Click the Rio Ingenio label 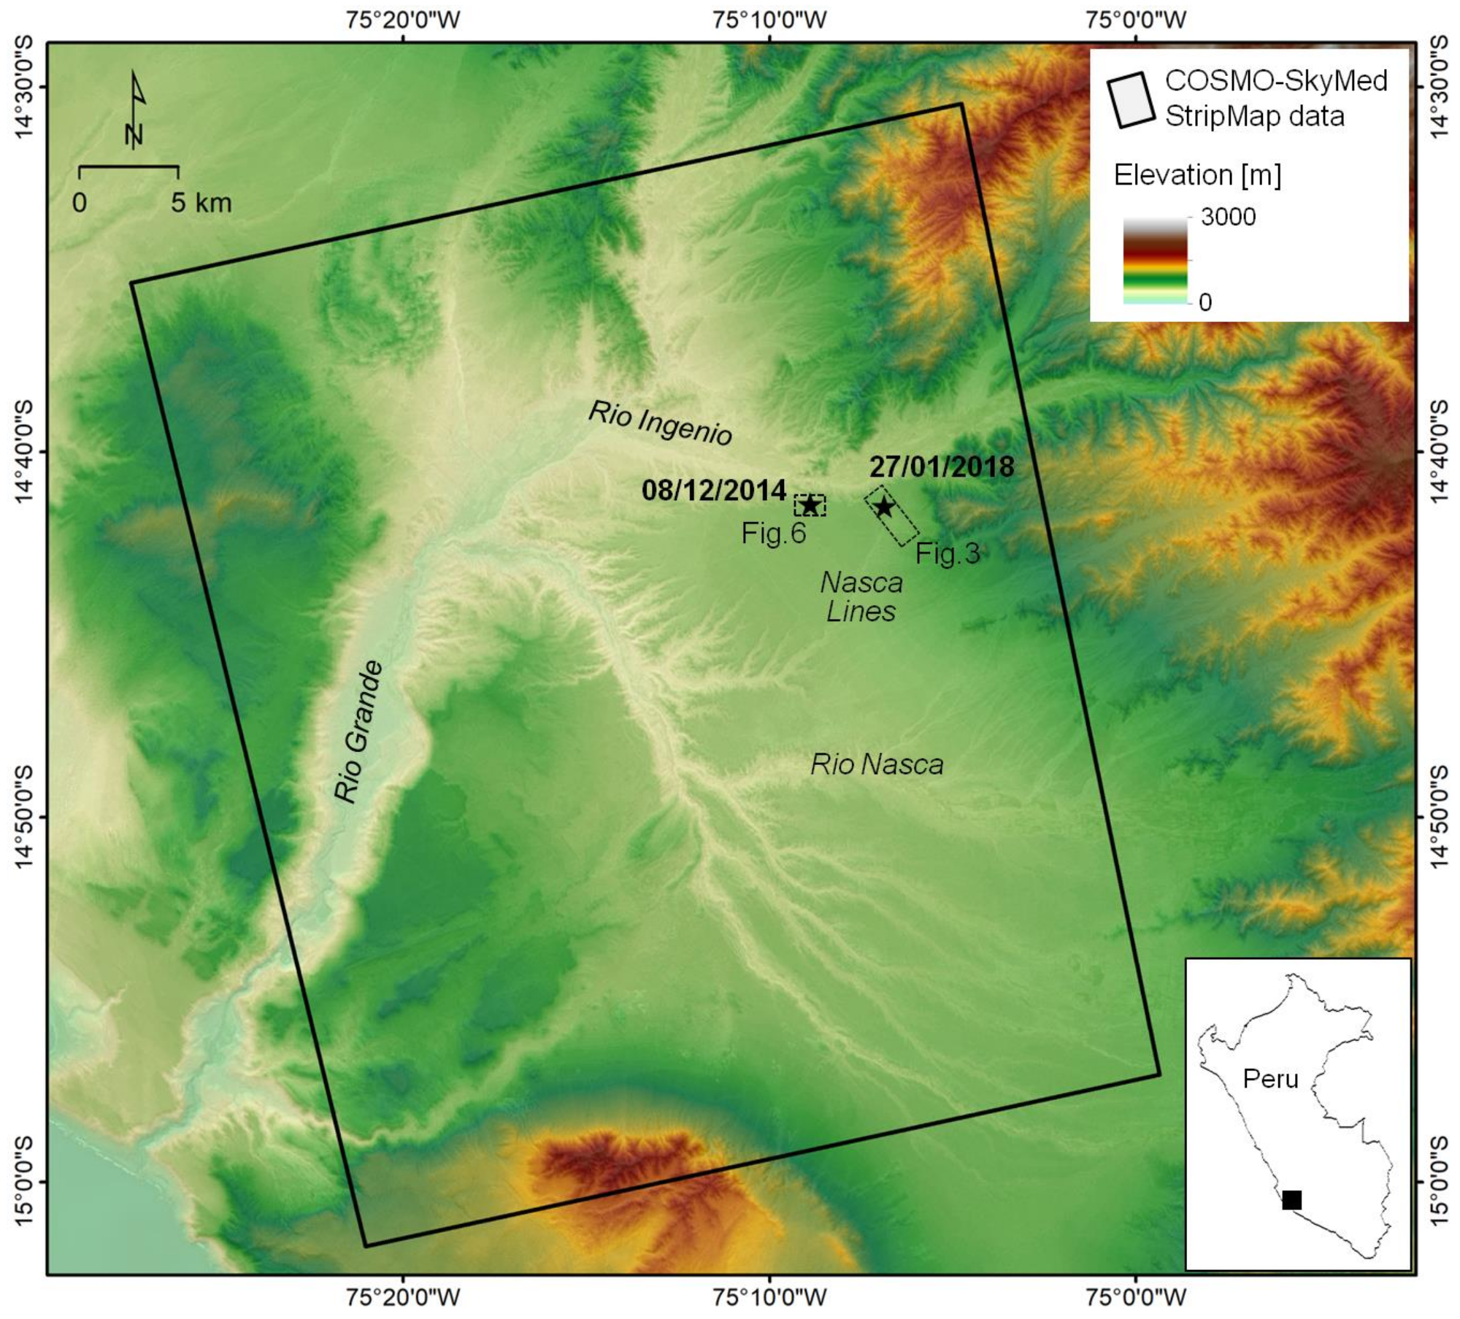(x=660, y=423)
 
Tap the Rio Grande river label (x=358, y=731)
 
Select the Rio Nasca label (x=877, y=765)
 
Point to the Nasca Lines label (x=861, y=596)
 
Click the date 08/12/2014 (x=713, y=491)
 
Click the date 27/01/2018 (x=942, y=467)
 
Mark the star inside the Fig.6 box (x=810, y=505)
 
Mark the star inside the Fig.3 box (x=884, y=507)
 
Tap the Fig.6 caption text (x=774, y=534)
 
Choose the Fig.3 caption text (x=948, y=554)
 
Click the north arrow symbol (x=136, y=109)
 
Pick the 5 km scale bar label (x=201, y=203)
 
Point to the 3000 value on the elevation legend (x=1228, y=217)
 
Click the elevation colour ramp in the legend (x=1155, y=261)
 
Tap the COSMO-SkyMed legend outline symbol (x=1131, y=100)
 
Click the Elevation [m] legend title (x=1197, y=175)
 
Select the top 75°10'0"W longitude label (x=770, y=20)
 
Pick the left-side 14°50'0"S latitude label (x=23, y=817)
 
